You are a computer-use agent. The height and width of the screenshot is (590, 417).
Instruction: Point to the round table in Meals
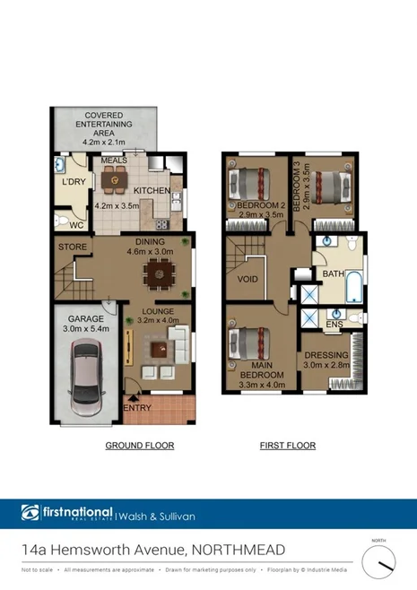[x=114, y=181]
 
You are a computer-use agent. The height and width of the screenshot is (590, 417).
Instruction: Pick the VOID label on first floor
[x=248, y=279]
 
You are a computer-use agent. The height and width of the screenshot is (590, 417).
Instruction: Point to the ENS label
[x=334, y=324]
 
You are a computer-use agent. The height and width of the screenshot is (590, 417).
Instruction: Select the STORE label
[x=72, y=246]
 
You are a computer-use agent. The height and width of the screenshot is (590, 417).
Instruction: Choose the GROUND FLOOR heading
[x=139, y=446]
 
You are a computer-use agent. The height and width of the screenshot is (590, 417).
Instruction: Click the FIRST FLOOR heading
[x=287, y=446]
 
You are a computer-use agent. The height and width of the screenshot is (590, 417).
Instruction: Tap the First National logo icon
[x=30, y=513]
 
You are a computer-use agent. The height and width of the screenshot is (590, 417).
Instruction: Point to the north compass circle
[x=380, y=562]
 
